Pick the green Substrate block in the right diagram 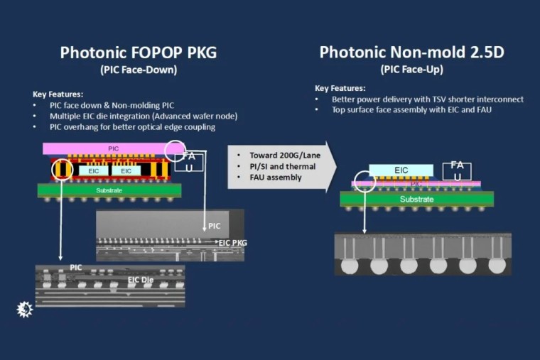point(412,200)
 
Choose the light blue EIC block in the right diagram point(401,170)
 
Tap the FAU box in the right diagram point(457,171)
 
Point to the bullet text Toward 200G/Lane point(281,155)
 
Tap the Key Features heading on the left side point(58,94)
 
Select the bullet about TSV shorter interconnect point(427,99)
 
